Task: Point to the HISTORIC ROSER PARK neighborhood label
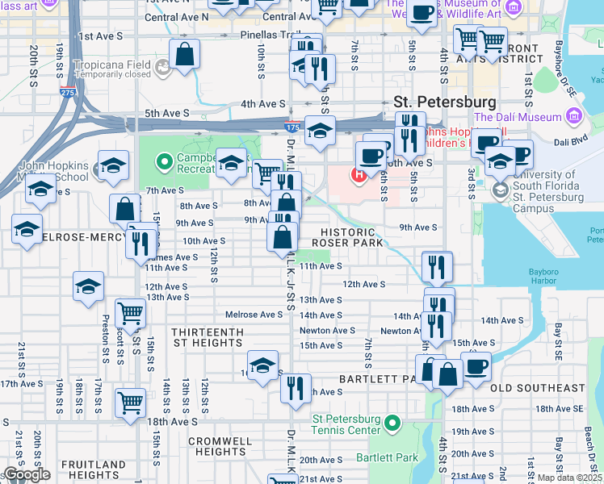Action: point(349,236)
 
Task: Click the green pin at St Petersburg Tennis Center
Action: point(392,423)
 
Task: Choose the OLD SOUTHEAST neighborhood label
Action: point(536,388)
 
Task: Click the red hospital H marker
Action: point(356,173)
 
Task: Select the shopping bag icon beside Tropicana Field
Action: point(185,56)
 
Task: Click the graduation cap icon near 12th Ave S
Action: point(88,287)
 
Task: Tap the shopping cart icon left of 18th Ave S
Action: point(131,403)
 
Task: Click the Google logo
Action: point(27,474)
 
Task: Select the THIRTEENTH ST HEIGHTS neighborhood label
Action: point(207,337)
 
